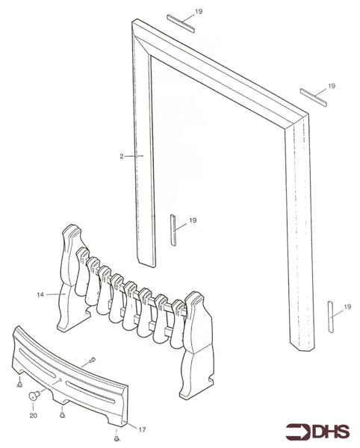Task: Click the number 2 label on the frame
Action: [120, 156]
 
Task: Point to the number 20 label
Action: [33, 414]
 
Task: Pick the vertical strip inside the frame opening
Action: [173, 231]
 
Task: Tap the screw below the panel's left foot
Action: [18, 386]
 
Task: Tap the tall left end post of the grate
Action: [68, 276]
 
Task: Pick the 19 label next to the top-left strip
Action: [198, 12]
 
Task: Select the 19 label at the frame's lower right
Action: [346, 307]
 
